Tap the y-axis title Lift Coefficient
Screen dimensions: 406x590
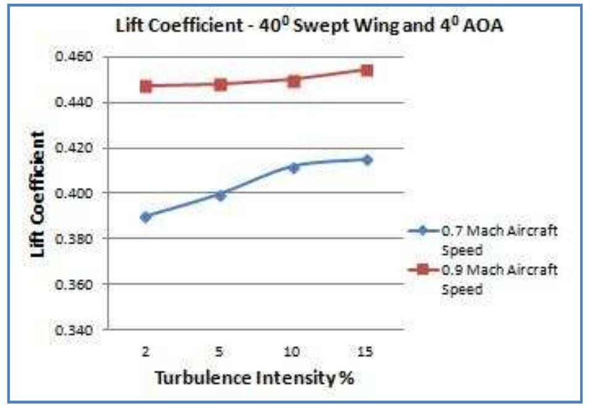(x=38, y=194)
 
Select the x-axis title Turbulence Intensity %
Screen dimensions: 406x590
(x=254, y=377)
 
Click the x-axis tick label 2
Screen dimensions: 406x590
(x=146, y=351)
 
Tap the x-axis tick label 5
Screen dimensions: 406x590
(x=219, y=351)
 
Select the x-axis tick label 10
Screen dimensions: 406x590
(x=293, y=351)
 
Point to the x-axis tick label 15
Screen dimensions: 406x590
(x=366, y=351)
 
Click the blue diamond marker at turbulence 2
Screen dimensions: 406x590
(x=146, y=217)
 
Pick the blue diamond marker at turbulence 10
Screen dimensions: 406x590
(x=293, y=167)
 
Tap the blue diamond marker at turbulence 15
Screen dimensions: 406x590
(x=367, y=159)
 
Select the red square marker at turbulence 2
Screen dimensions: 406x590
(x=146, y=87)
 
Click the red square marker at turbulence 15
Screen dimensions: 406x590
(x=367, y=70)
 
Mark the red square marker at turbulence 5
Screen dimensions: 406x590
(x=220, y=85)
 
